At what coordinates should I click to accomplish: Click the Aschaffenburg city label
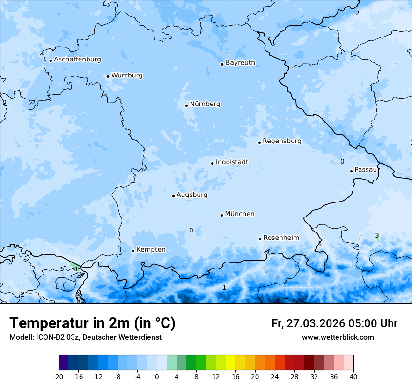[x=77, y=60]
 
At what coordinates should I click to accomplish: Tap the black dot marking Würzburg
[x=108, y=76]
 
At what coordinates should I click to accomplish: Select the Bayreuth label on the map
[x=240, y=63]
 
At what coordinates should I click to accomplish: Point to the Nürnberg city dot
[x=186, y=105]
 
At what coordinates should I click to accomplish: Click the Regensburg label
[x=282, y=141]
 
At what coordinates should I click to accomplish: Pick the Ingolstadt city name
[x=232, y=162]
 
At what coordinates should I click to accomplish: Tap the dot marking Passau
[x=351, y=171]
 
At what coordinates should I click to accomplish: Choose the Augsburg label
[x=191, y=195]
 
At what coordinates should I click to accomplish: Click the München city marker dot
[x=221, y=215]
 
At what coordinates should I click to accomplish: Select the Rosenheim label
[x=281, y=238]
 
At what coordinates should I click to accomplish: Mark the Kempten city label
[x=151, y=250]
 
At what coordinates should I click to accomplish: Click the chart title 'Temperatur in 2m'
[x=93, y=323]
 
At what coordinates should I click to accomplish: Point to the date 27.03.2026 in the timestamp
[x=314, y=323]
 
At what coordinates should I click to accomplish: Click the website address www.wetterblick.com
[x=338, y=337]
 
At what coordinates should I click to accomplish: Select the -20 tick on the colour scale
[x=59, y=377]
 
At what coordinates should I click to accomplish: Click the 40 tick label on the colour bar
[x=353, y=377]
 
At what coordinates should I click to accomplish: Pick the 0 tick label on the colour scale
[x=157, y=377]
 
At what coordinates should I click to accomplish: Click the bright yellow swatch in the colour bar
[x=230, y=363]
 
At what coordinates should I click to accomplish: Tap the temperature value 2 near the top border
[x=357, y=14]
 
